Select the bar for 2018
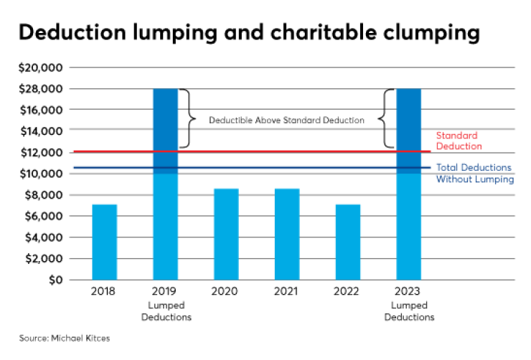point(105,242)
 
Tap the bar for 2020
point(226,234)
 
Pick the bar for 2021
point(287,234)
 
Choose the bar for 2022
point(348,242)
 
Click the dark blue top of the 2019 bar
point(166,129)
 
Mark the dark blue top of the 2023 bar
point(409,129)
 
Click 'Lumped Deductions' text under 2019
point(166,312)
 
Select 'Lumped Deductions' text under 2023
point(409,312)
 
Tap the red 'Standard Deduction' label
point(457,141)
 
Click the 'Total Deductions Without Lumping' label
point(475,173)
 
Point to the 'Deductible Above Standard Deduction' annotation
point(286,120)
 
